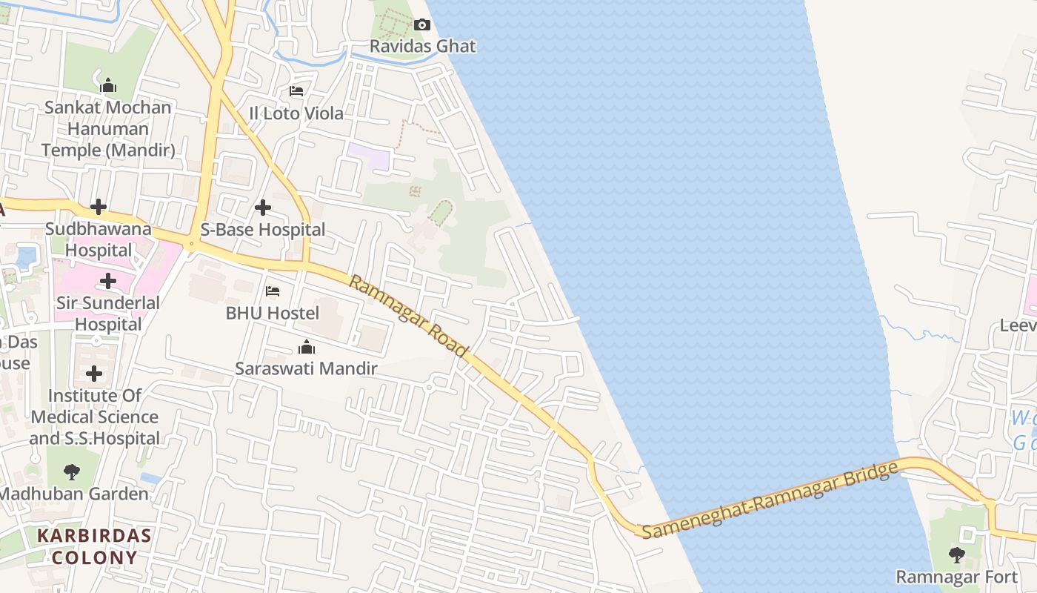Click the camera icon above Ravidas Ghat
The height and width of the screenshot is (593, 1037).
pyautogui.click(x=421, y=25)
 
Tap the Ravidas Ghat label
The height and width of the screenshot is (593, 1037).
pyautogui.click(x=422, y=46)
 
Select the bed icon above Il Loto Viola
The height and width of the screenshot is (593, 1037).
pyautogui.click(x=296, y=92)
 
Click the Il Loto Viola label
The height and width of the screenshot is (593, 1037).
pyautogui.click(x=296, y=113)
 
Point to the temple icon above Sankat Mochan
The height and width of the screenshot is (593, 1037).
pyautogui.click(x=108, y=86)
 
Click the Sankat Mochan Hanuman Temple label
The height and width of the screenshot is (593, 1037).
pyautogui.click(x=108, y=129)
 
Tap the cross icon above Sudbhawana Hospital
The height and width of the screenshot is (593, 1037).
pyautogui.click(x=99, y=207)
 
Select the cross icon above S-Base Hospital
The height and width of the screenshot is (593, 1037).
pyautogui.click(x=263, y=208)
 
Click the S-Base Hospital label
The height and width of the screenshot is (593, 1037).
pyautogui.click(x=263, y=230)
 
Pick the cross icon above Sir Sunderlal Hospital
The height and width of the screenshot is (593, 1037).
pyautogui.click(x=108, y=281)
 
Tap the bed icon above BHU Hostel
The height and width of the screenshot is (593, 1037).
pyautogui.click(x=273, y=291)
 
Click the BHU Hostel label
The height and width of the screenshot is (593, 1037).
pyautogui.click(x=273, y=313)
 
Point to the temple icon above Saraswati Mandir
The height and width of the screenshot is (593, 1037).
pyautogui.click(x=307, y=347)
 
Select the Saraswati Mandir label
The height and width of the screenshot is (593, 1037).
pyautogui.click(x=307, y=368)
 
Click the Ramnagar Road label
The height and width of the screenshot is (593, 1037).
pyautogui.click(x=409, y=316)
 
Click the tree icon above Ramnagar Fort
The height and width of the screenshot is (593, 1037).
pyautogui.click(x=957, y=554)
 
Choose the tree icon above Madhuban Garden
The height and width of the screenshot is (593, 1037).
pyautogui.click(x=72, y=471)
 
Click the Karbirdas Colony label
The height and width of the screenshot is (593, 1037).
pyautogui.click(x=94, y=546)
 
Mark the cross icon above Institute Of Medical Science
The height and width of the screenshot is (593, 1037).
pyautogui.click(x=94, y=374)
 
